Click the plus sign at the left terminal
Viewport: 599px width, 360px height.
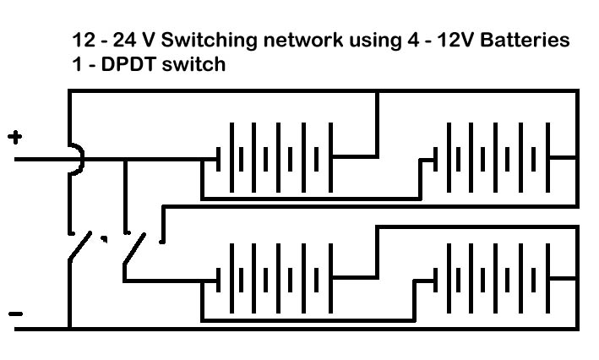[x=14, y=138]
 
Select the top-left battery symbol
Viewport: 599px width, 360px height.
[x=275, y=156]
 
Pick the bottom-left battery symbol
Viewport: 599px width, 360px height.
[x=275, y=276]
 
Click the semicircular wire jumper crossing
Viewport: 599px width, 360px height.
[x=76, y=158]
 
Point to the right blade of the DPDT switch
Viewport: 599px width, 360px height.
[x=137, y=250]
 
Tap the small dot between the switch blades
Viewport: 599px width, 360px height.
[x=105, y=239]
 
